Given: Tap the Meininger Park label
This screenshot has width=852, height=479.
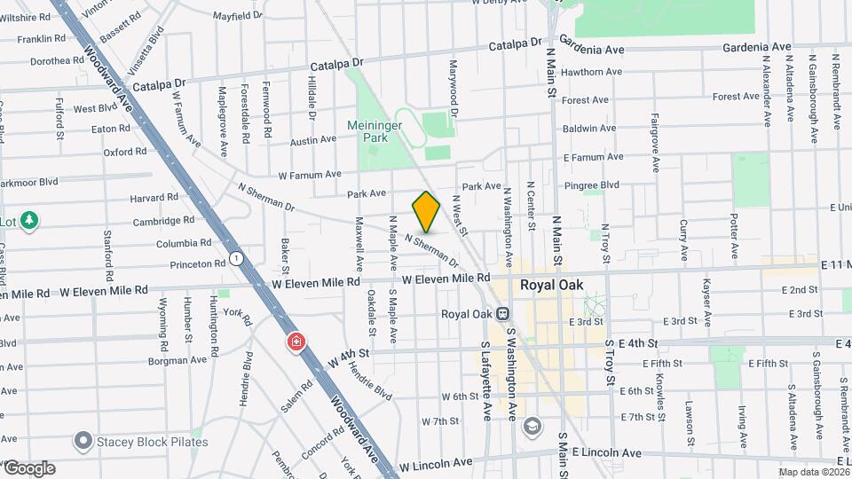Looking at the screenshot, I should [382, 132].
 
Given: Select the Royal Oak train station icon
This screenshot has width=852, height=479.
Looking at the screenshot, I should [502, 313].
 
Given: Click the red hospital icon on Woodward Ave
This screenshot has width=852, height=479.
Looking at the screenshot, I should [296, 342].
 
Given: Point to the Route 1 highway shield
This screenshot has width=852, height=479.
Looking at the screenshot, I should [236, 258].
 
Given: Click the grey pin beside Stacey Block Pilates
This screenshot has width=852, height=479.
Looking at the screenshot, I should [84, 441].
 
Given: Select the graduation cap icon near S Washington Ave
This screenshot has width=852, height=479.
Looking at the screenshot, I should [531, 426].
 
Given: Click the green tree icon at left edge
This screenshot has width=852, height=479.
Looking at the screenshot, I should [29, 220].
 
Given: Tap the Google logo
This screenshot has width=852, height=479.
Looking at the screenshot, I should [29, 467].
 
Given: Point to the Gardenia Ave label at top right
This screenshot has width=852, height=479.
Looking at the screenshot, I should [756, 47].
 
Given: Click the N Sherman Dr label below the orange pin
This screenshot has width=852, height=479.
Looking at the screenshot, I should [431, 251].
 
